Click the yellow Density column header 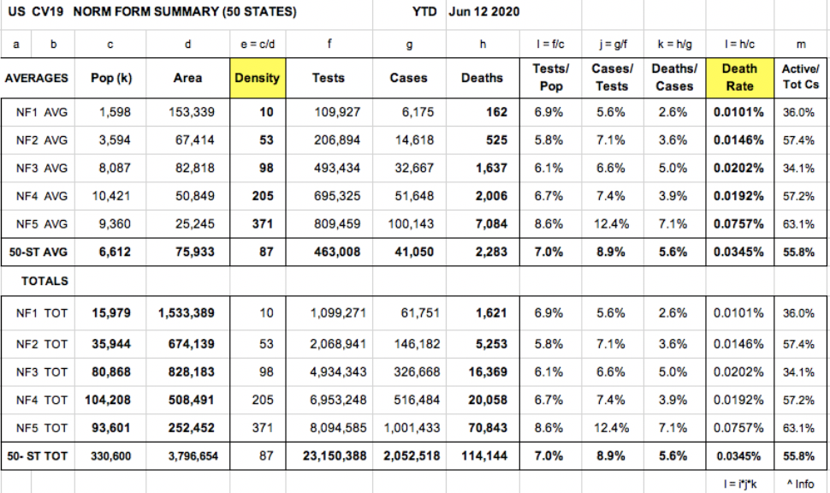257,78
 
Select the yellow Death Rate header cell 739,78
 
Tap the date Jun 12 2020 483,13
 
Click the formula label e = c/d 257,44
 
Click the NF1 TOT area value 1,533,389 186,313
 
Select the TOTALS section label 44,281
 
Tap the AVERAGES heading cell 37,78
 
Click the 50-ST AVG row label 37,252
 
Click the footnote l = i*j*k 739,484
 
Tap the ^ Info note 799,484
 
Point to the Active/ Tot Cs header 800,78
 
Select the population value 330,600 111,456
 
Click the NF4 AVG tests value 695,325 336,196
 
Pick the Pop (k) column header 111,78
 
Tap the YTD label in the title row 424,13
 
